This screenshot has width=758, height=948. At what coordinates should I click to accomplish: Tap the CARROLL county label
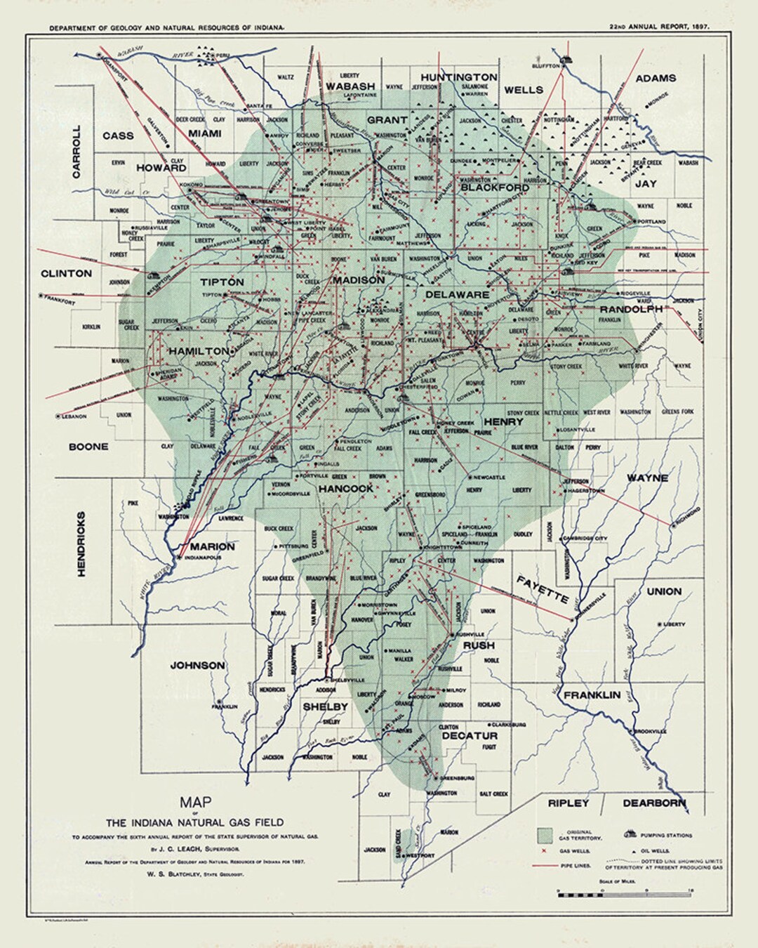(77, 152)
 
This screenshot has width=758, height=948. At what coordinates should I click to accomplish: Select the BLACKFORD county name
(495, 187)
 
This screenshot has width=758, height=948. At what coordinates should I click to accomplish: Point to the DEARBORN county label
(653, 803)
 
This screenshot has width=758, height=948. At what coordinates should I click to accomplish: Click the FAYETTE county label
(543, 590)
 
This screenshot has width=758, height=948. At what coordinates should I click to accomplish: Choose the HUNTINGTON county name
(459, 77)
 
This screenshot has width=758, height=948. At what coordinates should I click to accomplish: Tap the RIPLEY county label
(569, 803)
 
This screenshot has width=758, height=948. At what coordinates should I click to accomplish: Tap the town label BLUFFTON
(545, 65)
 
